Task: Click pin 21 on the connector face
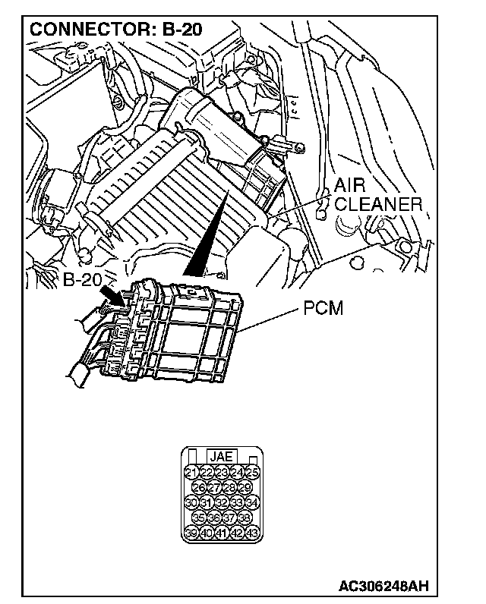click(191, 473)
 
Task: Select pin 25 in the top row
click(253, 473)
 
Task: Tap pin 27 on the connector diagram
click(214, 488)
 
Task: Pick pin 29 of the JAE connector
click(245, 488)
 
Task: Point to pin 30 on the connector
click(191, 502)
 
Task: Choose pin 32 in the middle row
click(222, 502)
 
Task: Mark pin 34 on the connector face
click(253, 502)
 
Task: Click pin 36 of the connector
click(214, 517)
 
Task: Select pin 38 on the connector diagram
click(245, 517)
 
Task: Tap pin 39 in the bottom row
click(191, 532)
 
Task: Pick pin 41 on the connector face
click(222, 532)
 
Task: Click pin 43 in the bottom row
click(253, 532)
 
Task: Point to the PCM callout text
click(323, 309)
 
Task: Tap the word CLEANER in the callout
click(377, 205)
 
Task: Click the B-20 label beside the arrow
click(83, 279)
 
